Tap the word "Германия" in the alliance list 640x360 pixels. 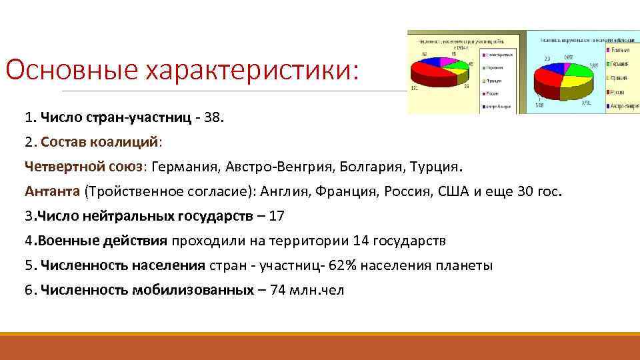click(189, 165)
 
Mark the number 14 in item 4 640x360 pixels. click(360, 240)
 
